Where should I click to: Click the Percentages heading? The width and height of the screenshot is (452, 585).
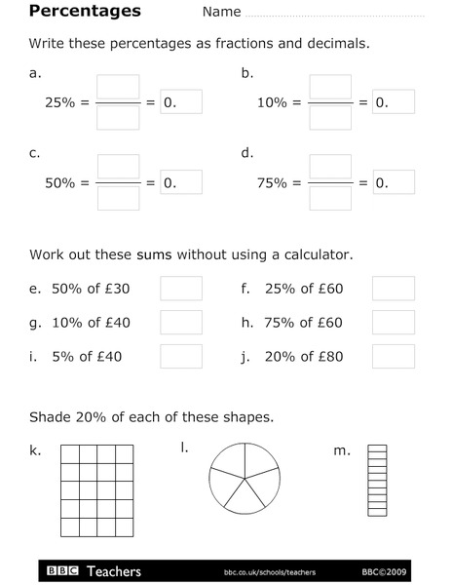pos(85,12)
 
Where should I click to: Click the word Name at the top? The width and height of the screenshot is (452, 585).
pos(221,13)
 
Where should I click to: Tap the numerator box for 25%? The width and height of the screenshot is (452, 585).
pos(118,87)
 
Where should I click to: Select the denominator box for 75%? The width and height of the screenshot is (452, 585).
pos(330,198)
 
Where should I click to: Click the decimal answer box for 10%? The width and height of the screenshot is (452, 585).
pos(393,101)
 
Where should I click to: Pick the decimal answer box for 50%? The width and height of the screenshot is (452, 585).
pos(180,182)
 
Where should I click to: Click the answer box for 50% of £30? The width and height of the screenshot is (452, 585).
pos(180,289)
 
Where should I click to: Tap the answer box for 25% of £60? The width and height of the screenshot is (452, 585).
pos(393,289)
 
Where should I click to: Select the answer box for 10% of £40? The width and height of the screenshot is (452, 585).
pos(180,323)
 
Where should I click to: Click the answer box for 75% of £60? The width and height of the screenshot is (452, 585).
pos(393,323)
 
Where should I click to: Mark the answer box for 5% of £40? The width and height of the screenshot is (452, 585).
pos(180,357)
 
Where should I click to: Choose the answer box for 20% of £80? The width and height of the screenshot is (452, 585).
pos(393,357)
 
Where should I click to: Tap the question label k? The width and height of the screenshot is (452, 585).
pos(35,449)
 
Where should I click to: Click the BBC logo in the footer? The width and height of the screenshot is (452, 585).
pos(64,571)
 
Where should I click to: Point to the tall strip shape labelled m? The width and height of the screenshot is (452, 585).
pos(377,480)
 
